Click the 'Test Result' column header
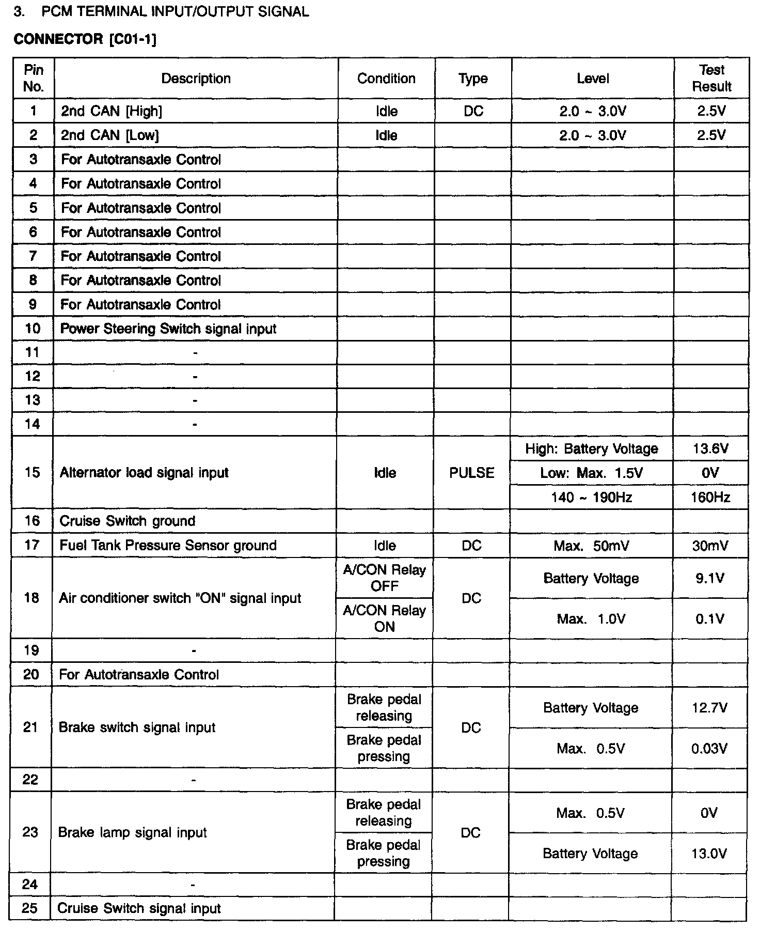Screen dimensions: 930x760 711,78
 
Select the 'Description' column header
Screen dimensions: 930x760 196,79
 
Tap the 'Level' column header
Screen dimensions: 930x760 593,79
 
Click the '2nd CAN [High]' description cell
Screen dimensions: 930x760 112,111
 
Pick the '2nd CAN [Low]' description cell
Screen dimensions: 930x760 110,135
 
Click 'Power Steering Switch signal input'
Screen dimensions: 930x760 168,329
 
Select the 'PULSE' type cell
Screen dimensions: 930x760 471,473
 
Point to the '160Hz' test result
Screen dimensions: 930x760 710,497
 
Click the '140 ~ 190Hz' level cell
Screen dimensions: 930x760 591,497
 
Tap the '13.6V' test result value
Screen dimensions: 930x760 710,448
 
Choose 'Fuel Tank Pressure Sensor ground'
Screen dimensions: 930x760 168,545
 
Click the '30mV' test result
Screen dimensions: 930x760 710,546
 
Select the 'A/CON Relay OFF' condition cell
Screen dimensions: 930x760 385,578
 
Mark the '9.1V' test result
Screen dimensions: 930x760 710,578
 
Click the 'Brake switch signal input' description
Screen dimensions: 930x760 137,727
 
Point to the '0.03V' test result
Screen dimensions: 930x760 709,748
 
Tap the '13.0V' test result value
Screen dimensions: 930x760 709,854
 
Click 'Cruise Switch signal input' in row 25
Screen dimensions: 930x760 139,908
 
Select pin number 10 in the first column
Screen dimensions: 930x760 33,329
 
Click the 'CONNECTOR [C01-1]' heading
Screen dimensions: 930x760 85,39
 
